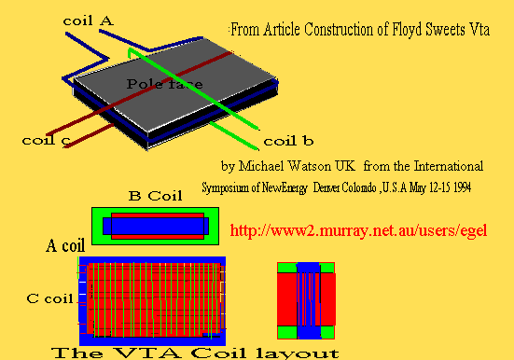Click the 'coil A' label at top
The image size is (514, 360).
[x=89, y=21]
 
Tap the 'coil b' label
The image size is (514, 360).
[x=288, y=141]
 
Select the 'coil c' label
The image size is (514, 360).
[x=47, y=141]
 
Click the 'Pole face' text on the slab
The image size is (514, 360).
[x=164, y=84]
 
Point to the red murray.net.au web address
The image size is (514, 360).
[x=358, y=230]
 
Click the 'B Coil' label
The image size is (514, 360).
[x=156, y=196]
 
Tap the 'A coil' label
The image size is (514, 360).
[x=65, y=245]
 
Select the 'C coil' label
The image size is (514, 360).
[x=49, y=298]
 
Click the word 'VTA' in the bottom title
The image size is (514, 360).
[x=146, y=353]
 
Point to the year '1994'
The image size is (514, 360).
[x=462, y=187]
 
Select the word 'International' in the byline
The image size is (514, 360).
[x=449, y=166]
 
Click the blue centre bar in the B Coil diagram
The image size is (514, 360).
[x=156, y=226]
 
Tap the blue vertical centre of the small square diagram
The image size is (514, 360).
[x=309, y=300]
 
